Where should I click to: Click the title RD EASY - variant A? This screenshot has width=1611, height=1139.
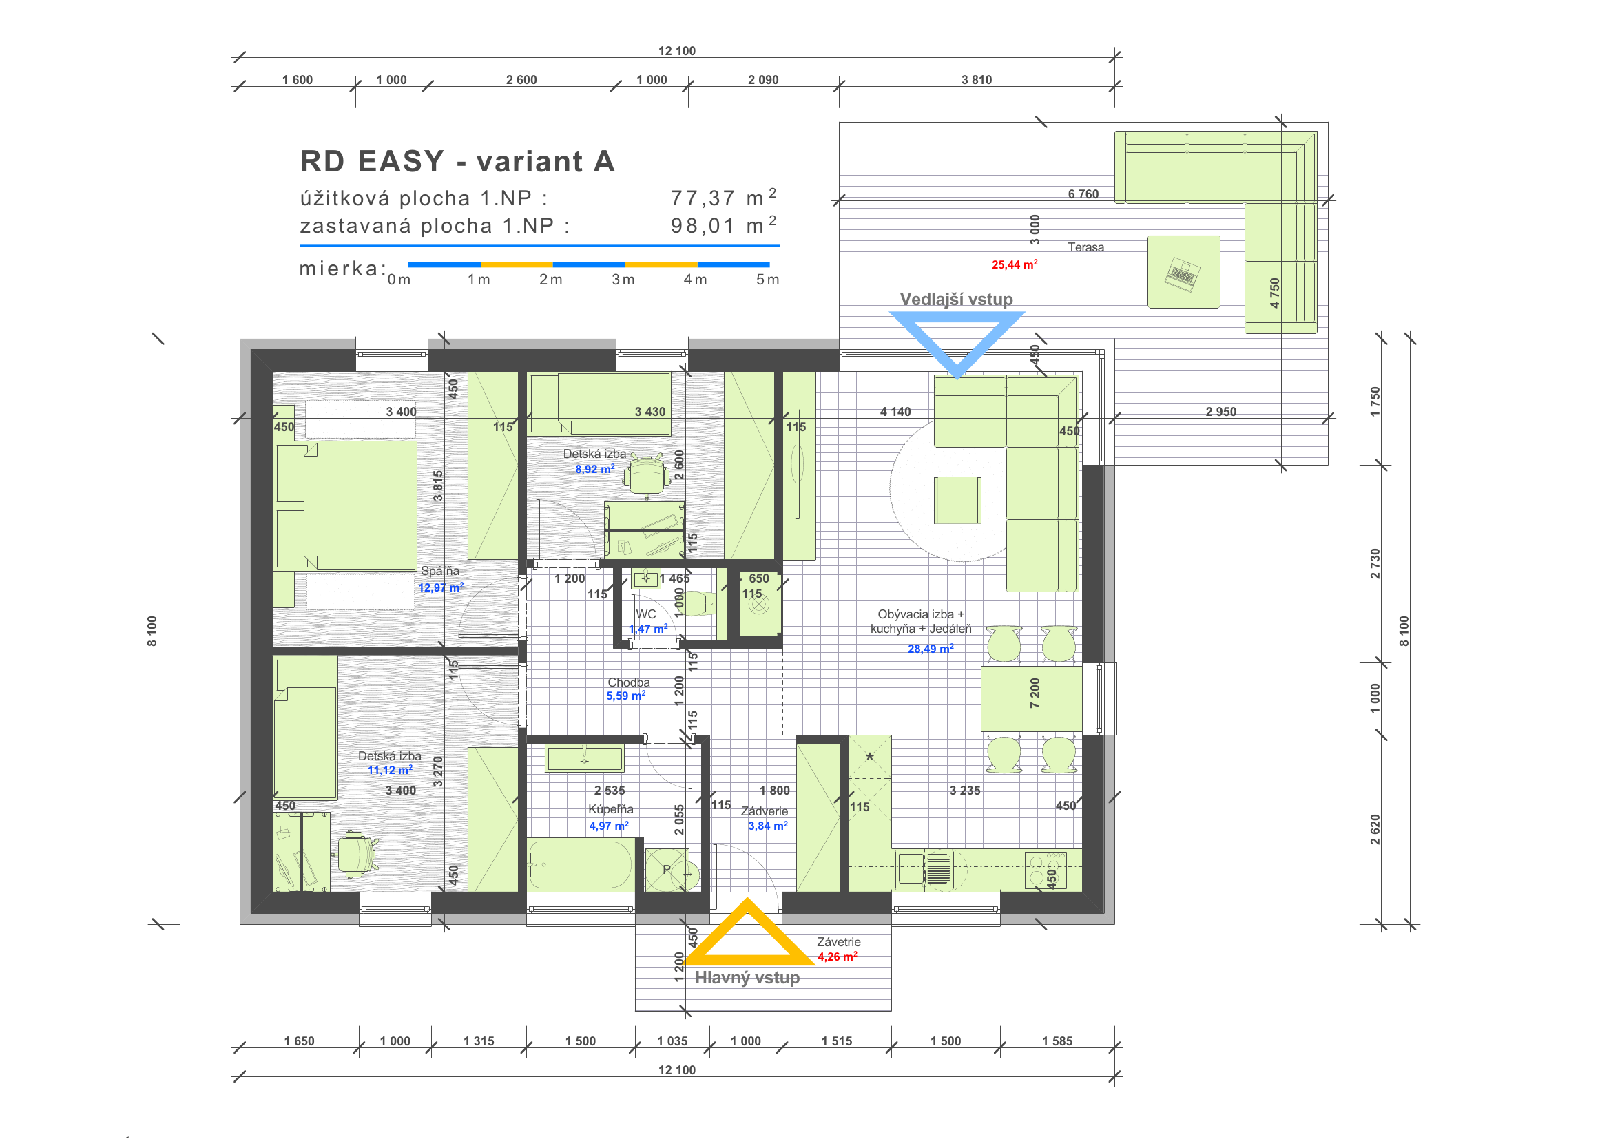pyautogui.click(x=457, y=161)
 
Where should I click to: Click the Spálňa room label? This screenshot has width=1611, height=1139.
pyautogui.click(x=440, y=571)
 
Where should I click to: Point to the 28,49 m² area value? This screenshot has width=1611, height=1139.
pyautogui.click(x=931, y=649)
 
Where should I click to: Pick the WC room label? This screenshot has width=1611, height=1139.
pyautogui.click(x=645, y=614)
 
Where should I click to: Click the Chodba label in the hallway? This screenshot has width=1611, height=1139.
pyautogui.click(x=629, y=682)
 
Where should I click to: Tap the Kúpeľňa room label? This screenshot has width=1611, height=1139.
pyautogui.click(x=610, y=809)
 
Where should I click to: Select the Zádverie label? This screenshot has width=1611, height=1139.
pyautogui.click(x=764, y=811)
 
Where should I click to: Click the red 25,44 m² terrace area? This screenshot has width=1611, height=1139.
pyautogui.click(x=1015, y=264)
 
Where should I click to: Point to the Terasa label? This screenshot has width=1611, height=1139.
pyautogui.click(x=1085, y=248)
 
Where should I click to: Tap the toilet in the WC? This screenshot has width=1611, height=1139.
pyautogui.click(x=699, y=603)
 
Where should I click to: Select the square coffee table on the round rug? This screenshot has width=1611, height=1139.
pyautogui.click(x=957, y=500)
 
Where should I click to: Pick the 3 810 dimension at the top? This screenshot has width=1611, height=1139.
pyautogui.click(x=977, y=80)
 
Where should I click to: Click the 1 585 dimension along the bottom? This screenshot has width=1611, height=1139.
pyautogui.click(x=1057, y=1041)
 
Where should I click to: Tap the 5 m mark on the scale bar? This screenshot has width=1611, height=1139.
pyautogui.click(x=767, y=280)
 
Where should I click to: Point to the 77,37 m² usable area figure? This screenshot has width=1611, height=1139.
pyautogui.click(x=723, y=198)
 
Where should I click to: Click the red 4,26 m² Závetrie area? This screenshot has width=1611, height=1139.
pyautogui.click(x=837, y=957)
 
